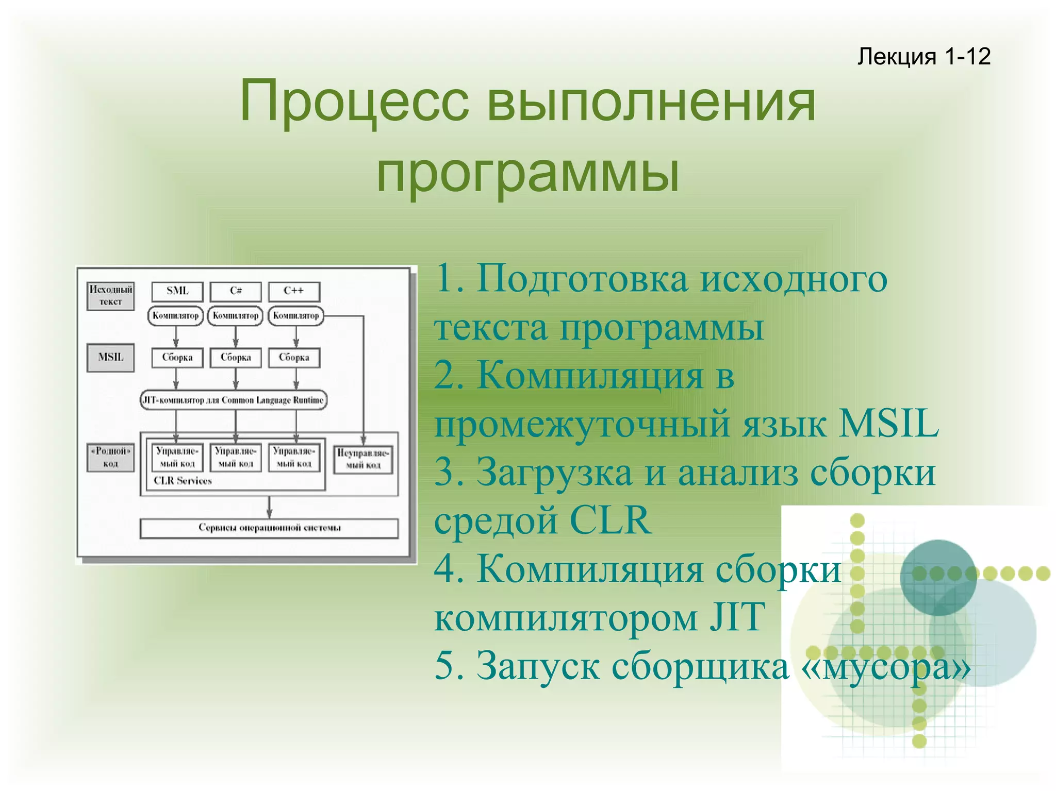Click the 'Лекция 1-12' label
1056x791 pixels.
[923, 56]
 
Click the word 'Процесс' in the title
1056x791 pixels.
[354, 102]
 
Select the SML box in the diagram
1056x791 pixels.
[177, 291]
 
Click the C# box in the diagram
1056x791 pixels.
[236, 291]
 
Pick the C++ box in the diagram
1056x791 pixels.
[294, 291]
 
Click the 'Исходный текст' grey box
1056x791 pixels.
[110, 296]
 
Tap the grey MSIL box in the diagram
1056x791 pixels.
[110, 357]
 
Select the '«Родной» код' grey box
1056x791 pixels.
[110, 457]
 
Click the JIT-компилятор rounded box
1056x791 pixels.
[234, 400]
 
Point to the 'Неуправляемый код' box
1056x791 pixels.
[363, 459]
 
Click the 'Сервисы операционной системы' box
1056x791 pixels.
[269, 528]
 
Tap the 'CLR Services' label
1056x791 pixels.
[183, 481]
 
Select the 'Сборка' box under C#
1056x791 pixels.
[236, 358]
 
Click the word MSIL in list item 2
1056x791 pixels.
[888, 424]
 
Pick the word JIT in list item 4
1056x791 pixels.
[737, 617]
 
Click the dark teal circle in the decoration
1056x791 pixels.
[938, 578]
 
